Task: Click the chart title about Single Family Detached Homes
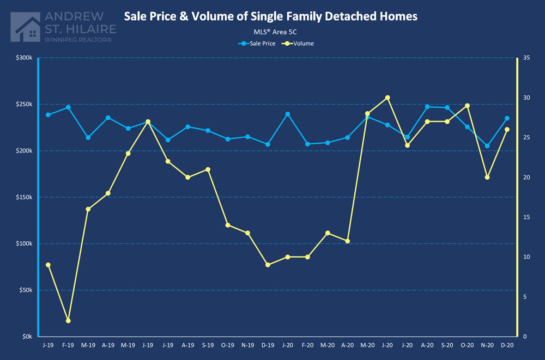pos(270,16)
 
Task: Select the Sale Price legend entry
pos(259,43)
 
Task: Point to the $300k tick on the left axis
pos(24,58)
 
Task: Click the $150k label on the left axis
pos(24,197)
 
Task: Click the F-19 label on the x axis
pos(68,345)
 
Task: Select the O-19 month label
pos(228,345)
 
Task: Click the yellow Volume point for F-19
pos(68,321)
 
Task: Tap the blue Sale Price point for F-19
pos(68,107)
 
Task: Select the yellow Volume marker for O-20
pos(467,106)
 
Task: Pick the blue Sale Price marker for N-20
pos(487,145)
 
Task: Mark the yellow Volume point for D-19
pos(268,265)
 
